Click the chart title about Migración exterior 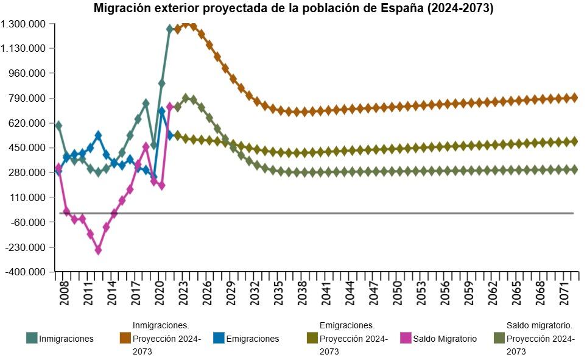tap(293, 9)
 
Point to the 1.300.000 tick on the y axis tap(27, 24)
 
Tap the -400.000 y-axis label tap(27, 272)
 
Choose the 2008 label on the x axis tap(64, 292)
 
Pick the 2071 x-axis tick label tap(565, 292)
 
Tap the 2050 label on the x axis tap(398, 292)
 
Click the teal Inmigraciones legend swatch tap(32, 339)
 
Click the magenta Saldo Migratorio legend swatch tap(406, 339)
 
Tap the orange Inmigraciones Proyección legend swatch tap(125, 339)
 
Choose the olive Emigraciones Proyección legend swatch tap(312, 339)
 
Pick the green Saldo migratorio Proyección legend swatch tap(499, 339)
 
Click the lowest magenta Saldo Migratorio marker tap(98, 250)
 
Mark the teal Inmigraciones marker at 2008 tap(58, 125)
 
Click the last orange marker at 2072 tap(574, 97)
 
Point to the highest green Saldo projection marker tap(186, 98)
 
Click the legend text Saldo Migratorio tap(445, 339)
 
